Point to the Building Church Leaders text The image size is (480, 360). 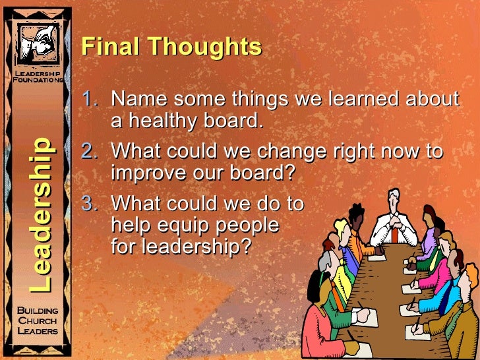pos(38,321)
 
